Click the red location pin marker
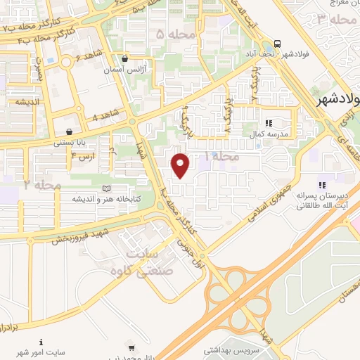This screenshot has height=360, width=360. [181, 165]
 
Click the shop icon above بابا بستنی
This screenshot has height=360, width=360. [68, 131]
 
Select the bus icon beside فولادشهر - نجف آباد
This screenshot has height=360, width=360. [278, 42]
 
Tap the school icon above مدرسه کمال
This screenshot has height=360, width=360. [269, 122]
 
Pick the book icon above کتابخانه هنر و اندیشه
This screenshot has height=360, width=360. [106, 188]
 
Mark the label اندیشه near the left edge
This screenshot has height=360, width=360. [25, 101]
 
